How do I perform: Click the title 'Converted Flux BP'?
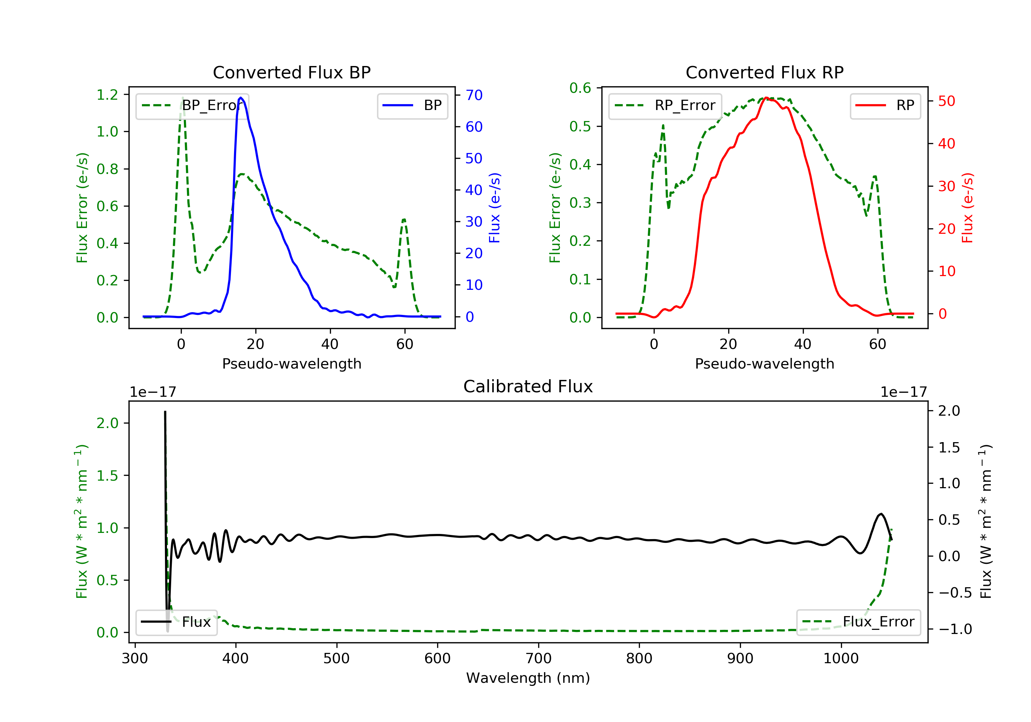291,72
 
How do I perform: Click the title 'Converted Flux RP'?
764,72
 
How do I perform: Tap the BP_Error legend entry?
192,106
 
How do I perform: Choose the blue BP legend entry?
412,106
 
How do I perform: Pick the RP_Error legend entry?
665,106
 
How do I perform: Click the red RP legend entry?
885,106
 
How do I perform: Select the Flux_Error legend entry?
858,622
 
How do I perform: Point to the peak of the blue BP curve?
241,98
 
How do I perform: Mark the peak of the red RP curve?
766,98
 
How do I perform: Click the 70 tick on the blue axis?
474,95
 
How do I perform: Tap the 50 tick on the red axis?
946,101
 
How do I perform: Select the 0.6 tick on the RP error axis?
580,88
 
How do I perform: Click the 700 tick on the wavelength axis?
539,659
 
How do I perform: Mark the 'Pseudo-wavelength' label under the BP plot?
291,363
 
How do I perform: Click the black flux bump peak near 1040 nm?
881,514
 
